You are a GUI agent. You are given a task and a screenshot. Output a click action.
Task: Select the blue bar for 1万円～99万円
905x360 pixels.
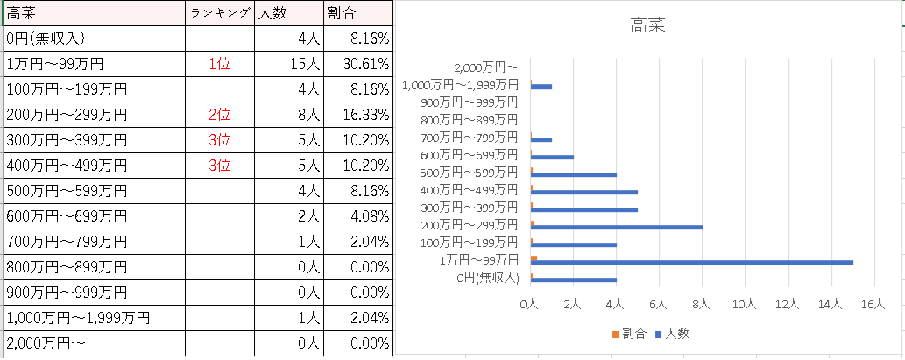click(692, 262)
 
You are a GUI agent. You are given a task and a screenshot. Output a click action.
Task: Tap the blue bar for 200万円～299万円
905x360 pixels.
click(617, 227)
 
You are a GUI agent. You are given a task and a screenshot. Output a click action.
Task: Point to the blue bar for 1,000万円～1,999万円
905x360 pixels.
click(541, 87)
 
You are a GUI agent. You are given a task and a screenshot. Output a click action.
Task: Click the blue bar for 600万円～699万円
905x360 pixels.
click(552, 157)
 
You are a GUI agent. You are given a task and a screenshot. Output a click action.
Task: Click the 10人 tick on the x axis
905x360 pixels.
click(744, 304)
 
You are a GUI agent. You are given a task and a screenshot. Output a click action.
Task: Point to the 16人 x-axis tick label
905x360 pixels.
click(873, 304)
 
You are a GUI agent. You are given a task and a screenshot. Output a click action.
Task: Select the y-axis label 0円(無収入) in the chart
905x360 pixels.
click(488, 279)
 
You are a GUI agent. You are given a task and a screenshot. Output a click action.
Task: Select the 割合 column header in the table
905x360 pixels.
click(341, 13)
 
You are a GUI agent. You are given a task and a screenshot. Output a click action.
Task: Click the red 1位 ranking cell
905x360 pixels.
click(220, 64)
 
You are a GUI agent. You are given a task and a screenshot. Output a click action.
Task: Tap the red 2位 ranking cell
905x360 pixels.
click(220, 115)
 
